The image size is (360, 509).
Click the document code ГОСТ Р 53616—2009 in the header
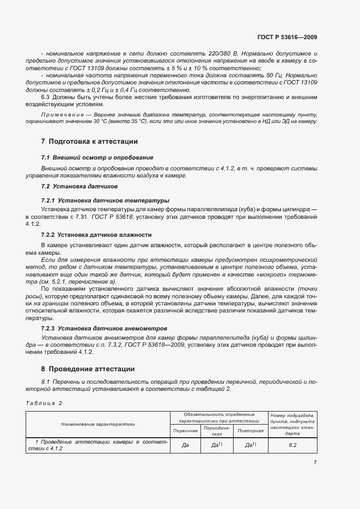tap(287, 38)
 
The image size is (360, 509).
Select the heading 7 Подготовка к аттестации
tap(89, 142)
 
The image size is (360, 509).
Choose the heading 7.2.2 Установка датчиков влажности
tap(96, 235)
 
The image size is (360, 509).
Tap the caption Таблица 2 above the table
tap(44, 403)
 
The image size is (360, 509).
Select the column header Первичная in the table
tap(185, 431)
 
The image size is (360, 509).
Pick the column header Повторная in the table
tap(251, 431)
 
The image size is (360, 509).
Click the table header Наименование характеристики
tap(99, 423)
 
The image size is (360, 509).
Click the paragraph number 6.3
tap(46, 97)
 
